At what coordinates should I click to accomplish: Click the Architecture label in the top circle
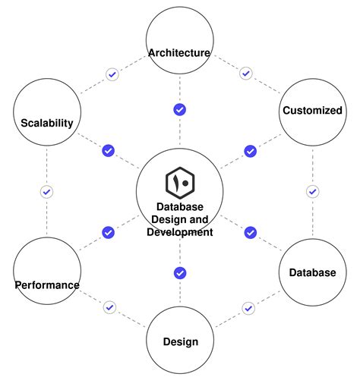coord(179,52)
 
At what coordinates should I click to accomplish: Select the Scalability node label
coord(47,123)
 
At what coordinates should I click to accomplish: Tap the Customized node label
coord(312,110)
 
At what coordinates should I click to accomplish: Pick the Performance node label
coord(47,285)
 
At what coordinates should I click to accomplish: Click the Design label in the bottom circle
coord(180,341)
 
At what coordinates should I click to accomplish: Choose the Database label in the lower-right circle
coord(312,272)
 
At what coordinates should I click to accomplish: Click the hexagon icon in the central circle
coord(180,183)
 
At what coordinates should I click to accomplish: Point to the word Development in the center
coord(180,232)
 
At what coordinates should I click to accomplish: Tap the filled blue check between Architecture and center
coord(180,110)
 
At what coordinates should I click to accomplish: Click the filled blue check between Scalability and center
coord(108,151)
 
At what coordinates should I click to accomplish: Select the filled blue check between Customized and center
coord(250,151)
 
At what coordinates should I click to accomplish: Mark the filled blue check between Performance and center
coord(108,232)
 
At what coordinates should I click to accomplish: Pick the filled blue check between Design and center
coord(180,272)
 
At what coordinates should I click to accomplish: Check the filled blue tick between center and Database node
coord(250,232)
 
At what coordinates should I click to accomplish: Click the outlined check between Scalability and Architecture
coord(112,74)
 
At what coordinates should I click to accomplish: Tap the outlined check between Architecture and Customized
coord(245,74)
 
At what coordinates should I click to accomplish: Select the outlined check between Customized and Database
coord(312,191)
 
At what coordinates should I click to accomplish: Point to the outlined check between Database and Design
coord(248,308)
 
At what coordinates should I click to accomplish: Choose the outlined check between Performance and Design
coord(110,307)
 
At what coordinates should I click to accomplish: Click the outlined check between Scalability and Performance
coord(46,192)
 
